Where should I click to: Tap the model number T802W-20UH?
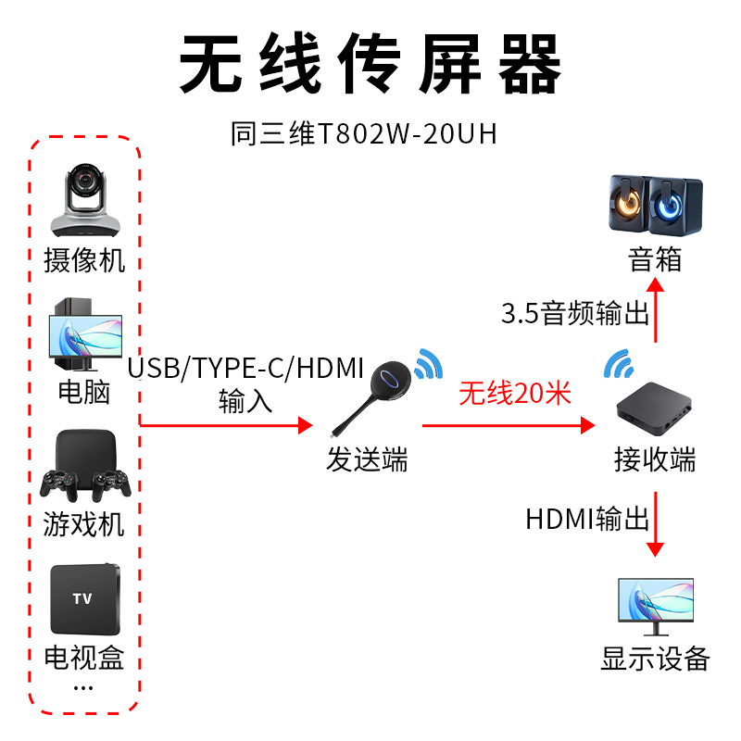click(x=364, y=135)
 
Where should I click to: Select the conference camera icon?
click(x=83, y=200)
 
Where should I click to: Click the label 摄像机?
click(x=84, y=260)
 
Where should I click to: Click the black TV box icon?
click(x=84, y=597)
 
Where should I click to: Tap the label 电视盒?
click(x=84, y=659)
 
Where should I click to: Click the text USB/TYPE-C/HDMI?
click(x=246, y=369)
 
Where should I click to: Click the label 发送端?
click(x=367, y=459)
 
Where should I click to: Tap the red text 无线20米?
click(x=515, y=394)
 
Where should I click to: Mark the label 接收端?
click(x=655, y=459)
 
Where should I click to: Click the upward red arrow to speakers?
click(x=656, y=311)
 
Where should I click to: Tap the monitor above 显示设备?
click(x=655, y=606)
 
